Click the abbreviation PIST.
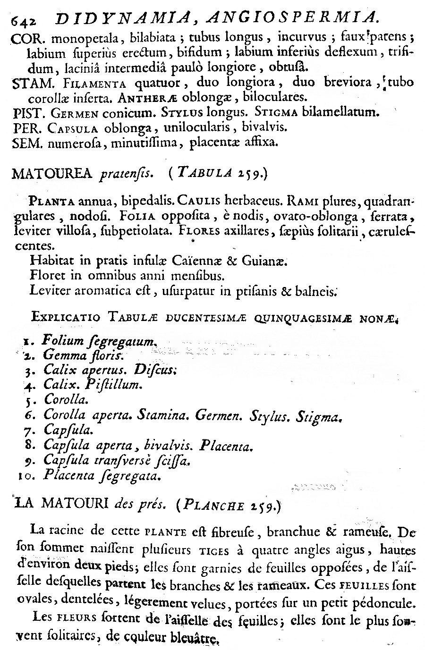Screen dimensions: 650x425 click(26, 113)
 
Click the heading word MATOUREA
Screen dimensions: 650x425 click(53, 175)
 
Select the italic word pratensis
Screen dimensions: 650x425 click(127, 176)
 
